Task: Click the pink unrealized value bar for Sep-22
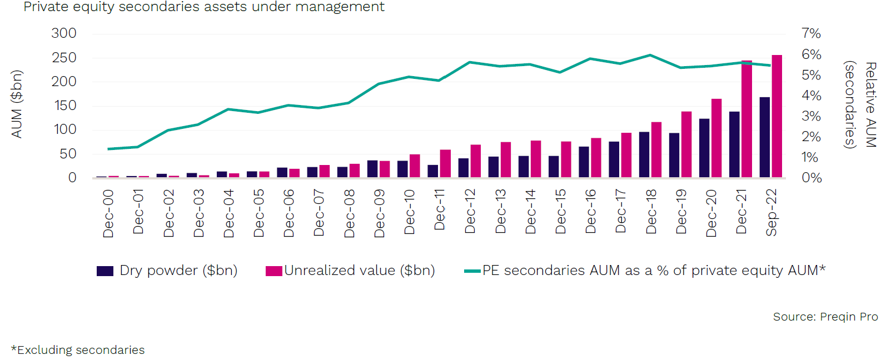pyautogui.click(x=777, y=117)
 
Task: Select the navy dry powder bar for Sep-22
pyautogui.click(x=765, y=138)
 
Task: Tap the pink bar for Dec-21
pyautogui.click(x=746, y=119)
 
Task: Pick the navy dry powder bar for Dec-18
pyautogui.click(x=644, y=155)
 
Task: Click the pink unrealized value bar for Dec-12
pyautogui.click(x=475, y=161)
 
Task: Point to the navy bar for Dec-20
pyautogui.click(x=704, y=148)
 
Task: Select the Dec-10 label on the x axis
pyautogui.click(x=410, y=212)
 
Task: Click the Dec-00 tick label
pyautogui.click(x=108, y=213)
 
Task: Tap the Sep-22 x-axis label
pyautogui.click(x=771, y=212)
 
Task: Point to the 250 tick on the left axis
pyautogui.click(x=64, y=58)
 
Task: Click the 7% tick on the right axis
pyautogui.click(x=811, y=33)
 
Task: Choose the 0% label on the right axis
pyautogui.click(x=811, y=178)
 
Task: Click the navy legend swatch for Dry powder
pyautogui.click(x=105, y=271)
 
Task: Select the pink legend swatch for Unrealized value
pyautogui.click(x=273, y=271)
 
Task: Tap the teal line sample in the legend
pyautogui.click(x=472, y=271)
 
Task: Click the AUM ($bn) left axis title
pyautogui.click(x=17, y=104)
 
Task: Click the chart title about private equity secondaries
pyautogui.click(x=204, y=7)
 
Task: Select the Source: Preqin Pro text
pyautogui.click(x=825, y=317)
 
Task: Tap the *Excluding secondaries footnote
pyautogui.click(x=78, y=350)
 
